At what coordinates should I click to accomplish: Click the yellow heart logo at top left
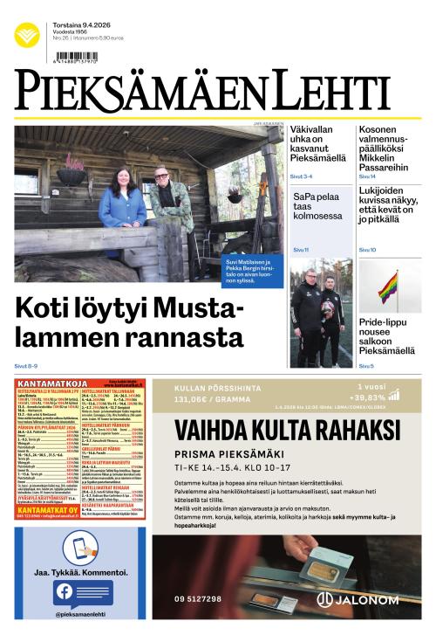point(26,35)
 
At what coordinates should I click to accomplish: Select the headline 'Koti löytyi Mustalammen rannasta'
point(129,323)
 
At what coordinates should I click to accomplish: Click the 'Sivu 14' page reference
point(367,176)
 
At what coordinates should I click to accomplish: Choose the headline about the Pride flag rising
point(386,336)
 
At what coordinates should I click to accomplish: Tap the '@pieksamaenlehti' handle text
point(80,615)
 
